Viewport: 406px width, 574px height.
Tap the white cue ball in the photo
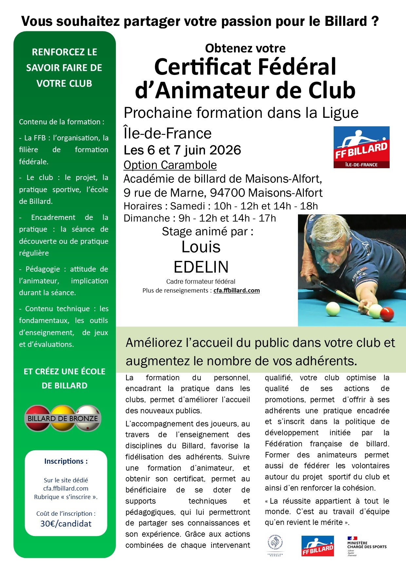pyautogui.click(x=333, y=309)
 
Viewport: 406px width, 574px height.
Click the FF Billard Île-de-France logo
pyautogui.click(x=361, y=147)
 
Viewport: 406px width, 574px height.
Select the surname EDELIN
pyautogui.click(x=201, y=267)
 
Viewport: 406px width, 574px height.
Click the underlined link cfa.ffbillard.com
pyautogui.click(x=236, y=291)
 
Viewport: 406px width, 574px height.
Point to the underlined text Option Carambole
pyautogui.click(x=170, y=165)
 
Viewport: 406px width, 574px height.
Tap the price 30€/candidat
pyautogui.click(x=66, y=524)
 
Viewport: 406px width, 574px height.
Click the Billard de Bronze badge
pyautogui.click(x=63, y=419)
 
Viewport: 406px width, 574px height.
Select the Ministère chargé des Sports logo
pyautogui.click(x=367, y=546)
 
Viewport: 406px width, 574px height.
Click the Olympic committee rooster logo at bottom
pyautogui.click(x=275, y=545)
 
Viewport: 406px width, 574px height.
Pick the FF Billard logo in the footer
pyautogui.click(x=318, y=546)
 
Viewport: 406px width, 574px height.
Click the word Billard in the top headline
pyautogui.click(x=346, y=21)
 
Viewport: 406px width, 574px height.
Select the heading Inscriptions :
pyautogui.click(x=66, y=461)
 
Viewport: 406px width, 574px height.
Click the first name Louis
pyautogui.click(x=201, y=247)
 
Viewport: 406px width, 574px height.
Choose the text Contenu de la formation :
pyautogui.click(x=62, y=122)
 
